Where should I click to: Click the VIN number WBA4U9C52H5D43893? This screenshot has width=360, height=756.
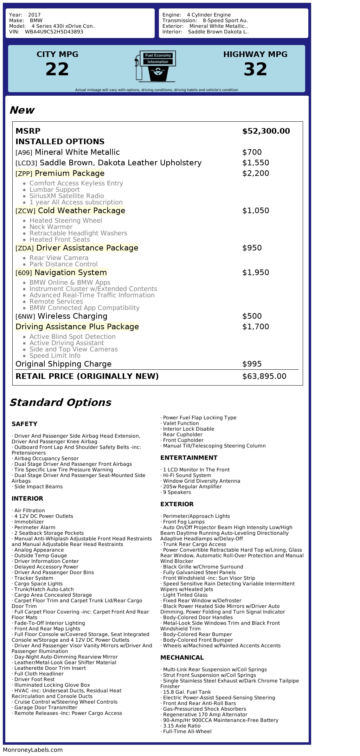coord(54,32)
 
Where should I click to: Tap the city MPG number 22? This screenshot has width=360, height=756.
coord(57,69)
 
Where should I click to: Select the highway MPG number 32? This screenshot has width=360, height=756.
coord(255,69)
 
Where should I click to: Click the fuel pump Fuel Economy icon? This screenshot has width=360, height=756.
coord(155,66)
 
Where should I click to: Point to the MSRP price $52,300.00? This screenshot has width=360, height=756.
coord(266,131)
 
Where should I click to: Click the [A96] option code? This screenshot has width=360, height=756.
coord(24,153)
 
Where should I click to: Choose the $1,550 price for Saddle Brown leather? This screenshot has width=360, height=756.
coord(256,163)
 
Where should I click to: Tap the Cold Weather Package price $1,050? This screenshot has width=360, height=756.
coord(256,211)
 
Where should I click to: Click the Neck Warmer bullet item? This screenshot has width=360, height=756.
coord(51,227)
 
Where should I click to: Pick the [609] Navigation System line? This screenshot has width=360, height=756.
coord(61,273)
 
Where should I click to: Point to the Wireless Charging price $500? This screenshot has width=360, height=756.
coord(252,316)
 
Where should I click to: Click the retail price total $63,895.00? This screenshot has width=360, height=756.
coord(264,376)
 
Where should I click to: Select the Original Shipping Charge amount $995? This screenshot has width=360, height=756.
coord(252,364)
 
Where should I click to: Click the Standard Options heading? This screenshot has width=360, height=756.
coord(60,402)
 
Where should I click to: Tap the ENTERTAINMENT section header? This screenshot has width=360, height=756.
coord(189,458)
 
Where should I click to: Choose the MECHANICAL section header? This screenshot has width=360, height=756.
coord(182,657)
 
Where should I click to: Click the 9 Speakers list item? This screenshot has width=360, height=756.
coord(176,492)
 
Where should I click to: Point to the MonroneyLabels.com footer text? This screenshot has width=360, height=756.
coord(33,750)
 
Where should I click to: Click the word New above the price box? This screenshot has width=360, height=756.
coord(22,110)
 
